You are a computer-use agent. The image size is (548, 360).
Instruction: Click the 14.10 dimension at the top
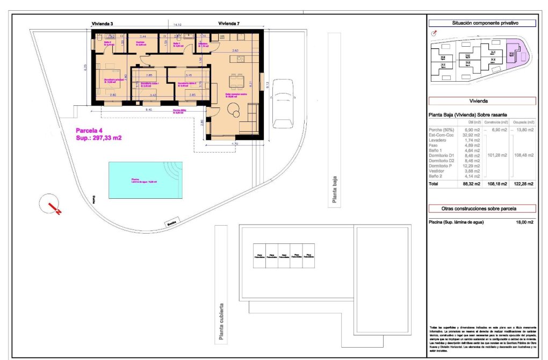[176, 25]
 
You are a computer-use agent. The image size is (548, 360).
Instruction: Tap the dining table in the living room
[236, 82]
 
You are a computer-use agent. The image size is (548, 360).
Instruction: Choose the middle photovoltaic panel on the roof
[284, 256]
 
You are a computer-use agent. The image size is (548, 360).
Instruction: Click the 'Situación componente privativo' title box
[482, 23]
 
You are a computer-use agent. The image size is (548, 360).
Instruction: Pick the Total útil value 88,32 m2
[471, 184]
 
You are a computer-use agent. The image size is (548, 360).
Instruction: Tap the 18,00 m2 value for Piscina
[524, 222]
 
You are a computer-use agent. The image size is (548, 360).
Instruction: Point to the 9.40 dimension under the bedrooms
[149, 110]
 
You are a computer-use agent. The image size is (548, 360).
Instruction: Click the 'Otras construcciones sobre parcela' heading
[482, 208]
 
